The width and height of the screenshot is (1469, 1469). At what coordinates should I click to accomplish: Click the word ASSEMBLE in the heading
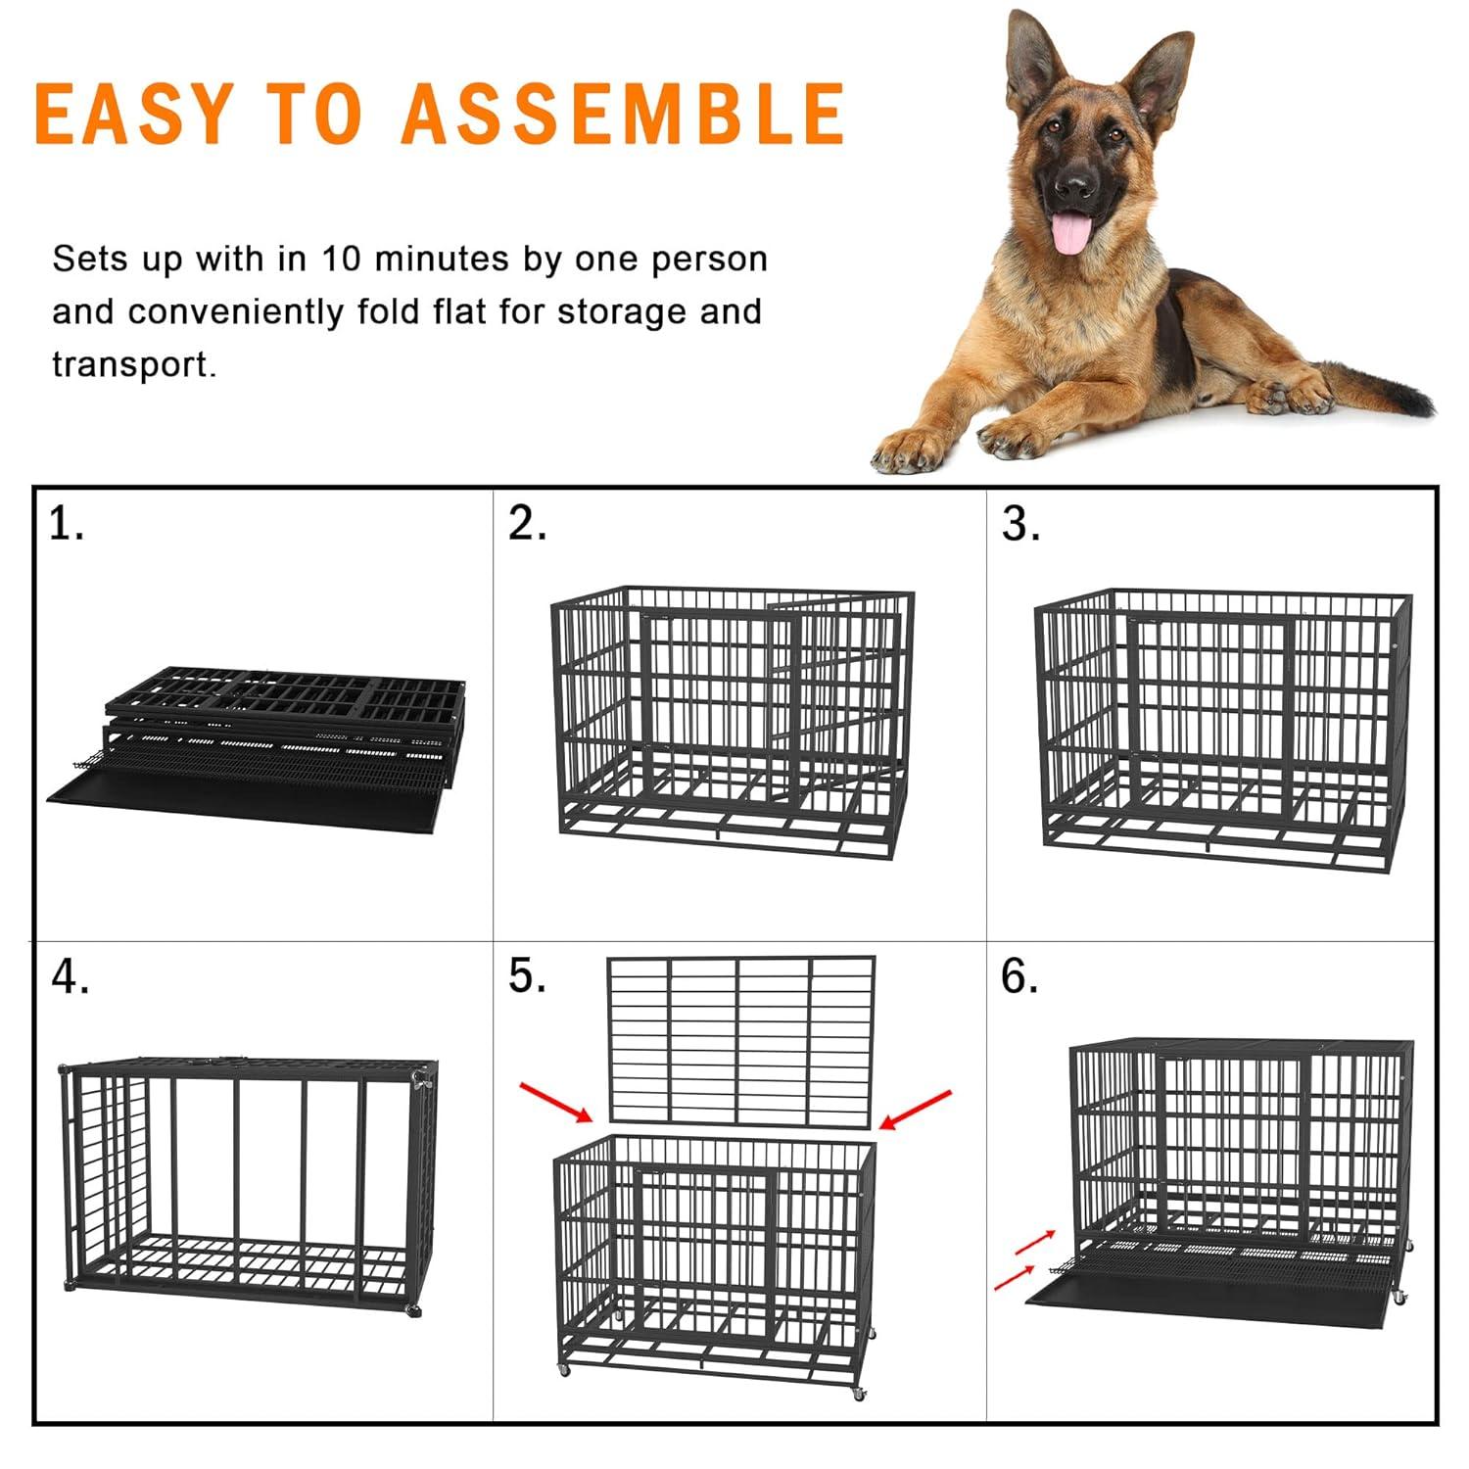623,114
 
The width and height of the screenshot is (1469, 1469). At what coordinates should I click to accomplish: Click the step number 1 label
66,526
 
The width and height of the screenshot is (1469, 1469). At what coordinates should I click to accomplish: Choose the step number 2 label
527,526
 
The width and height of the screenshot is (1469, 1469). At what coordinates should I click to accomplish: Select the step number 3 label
1020,526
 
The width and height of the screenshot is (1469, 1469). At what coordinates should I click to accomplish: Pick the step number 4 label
70,976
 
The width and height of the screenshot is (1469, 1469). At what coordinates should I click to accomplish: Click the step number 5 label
527,976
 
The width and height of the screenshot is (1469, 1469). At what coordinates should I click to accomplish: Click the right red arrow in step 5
916,1109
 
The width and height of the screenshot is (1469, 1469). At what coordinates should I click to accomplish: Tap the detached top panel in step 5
740,1041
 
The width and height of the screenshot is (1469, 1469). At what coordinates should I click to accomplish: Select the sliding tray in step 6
1205,1291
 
